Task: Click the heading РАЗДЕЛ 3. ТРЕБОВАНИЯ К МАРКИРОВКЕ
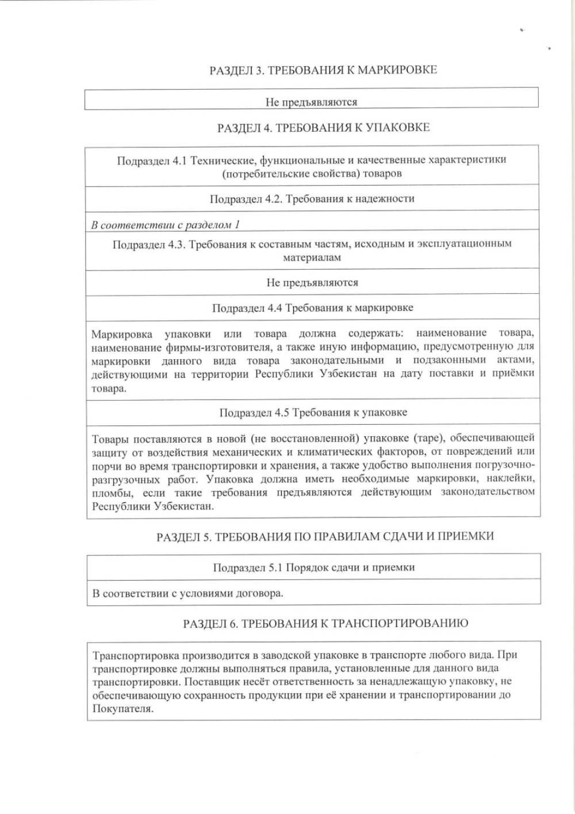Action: pos(323,70)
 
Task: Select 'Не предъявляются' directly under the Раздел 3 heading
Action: pos(311,102)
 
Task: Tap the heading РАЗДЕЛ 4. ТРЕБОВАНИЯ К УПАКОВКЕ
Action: pos(323,128)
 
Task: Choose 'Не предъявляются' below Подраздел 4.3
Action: pos(312,283)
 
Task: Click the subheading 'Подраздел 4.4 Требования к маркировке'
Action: pos(312,308)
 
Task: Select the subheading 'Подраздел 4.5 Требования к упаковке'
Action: pos(313,413)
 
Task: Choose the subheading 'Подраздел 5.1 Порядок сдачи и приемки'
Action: pos(313,568)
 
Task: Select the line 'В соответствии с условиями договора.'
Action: pos(187,594)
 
